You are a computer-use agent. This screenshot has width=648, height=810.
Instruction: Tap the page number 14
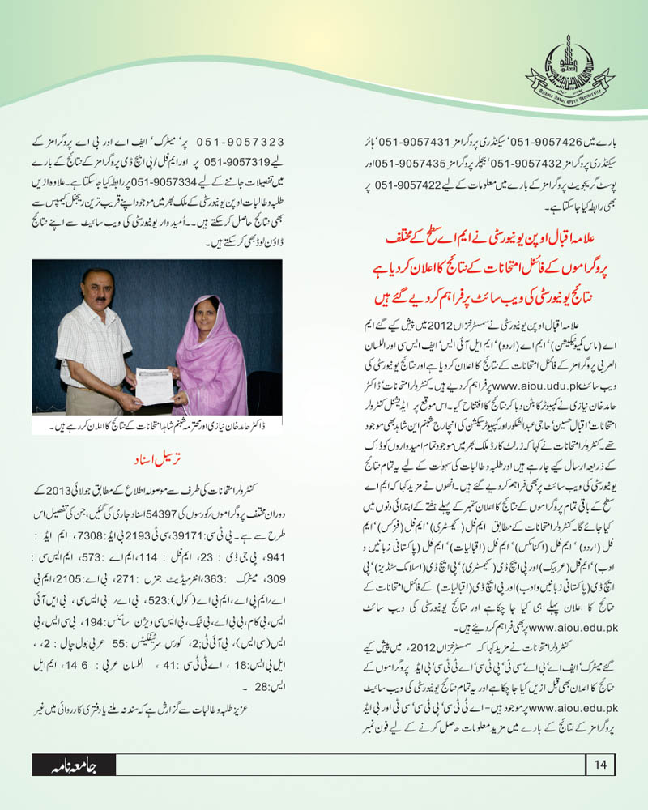(600, 764)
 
